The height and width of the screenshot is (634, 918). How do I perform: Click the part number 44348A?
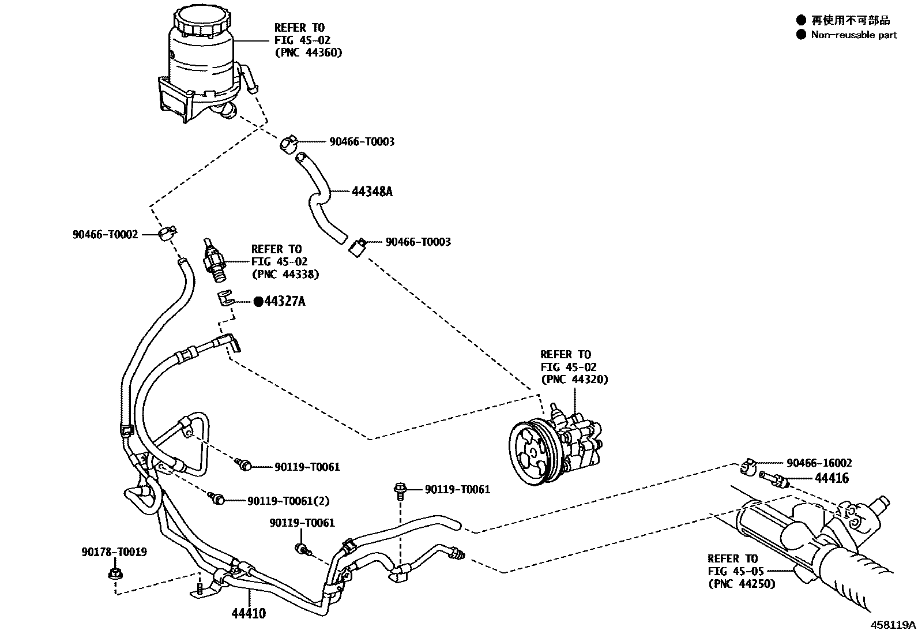coord(372,192)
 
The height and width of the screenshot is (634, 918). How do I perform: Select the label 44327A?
coord(284,301)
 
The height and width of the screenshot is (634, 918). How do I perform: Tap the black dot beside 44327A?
coord(258,301)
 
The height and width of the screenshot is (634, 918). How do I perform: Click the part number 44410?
coord(249,613)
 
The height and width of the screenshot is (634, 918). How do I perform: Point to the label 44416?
coord(832,478)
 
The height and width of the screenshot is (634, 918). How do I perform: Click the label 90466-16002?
coord(819,463)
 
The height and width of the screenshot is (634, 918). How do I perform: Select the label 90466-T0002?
coord(106,234)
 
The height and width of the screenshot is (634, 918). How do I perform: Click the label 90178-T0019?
coord(114,552)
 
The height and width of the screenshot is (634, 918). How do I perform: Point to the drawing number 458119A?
coord(893,625)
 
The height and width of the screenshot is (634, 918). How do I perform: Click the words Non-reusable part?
coord(853,35)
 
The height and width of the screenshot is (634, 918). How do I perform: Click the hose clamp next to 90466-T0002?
coord(167,233)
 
